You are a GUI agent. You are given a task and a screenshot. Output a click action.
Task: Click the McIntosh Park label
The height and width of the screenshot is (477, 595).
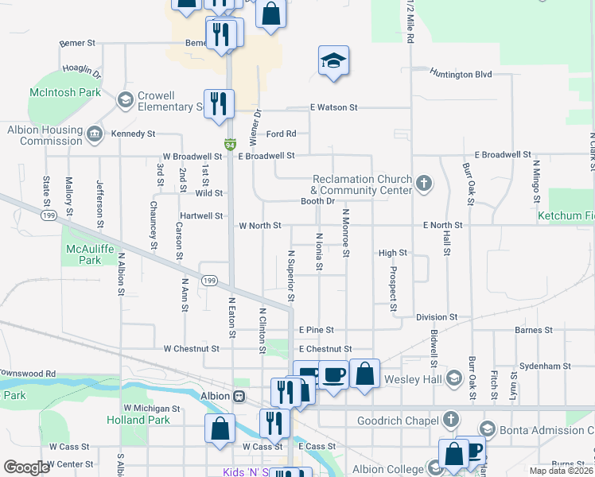[x=65, y=92]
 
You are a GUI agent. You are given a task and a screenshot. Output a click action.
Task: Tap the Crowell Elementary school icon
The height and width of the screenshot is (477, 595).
[x=125, y=100]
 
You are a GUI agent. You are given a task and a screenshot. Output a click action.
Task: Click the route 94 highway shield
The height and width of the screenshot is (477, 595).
[x=230, y=145]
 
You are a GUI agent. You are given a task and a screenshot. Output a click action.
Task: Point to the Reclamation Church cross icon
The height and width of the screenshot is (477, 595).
[x=424, y=184]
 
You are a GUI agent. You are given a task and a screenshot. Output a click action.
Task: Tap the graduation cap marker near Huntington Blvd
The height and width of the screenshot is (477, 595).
[x=334, y=60]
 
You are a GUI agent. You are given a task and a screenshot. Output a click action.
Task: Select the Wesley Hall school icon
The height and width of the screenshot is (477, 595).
[x=454, y=378]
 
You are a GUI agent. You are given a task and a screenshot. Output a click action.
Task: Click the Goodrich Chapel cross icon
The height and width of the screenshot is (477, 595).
[x=451, y=419]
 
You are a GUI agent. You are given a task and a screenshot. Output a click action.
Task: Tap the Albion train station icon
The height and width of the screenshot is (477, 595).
[x=239, y=396]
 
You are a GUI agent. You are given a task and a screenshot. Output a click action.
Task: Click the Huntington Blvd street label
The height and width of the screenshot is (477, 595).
[x=461, y=74]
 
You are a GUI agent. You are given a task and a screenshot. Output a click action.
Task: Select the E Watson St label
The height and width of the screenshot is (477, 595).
[x=334, y=107]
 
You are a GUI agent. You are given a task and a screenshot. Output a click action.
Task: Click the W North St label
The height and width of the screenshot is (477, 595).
[x=260, y=226]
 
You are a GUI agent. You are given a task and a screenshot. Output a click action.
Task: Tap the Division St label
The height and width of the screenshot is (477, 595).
[x=437, y=316]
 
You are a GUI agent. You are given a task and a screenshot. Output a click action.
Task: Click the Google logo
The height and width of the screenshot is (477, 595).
[x=26, y=467]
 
